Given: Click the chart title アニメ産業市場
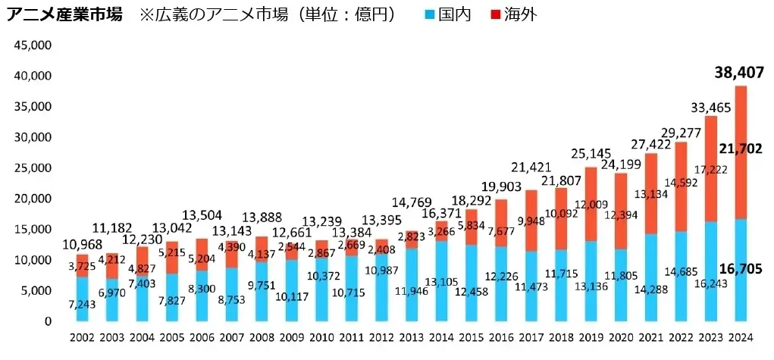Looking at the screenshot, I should [x=64, y=14].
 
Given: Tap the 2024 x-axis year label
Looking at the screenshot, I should [x=740, y=337].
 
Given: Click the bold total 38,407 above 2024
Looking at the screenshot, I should [x=738, y=74].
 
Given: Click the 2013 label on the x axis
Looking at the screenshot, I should [x=414, y=337].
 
